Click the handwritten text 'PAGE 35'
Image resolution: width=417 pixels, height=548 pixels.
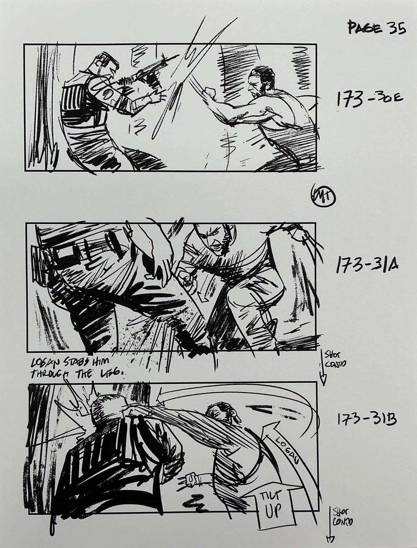[377, 29]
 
